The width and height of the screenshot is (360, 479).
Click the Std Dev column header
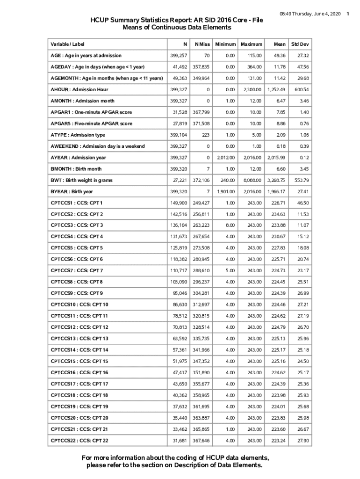click(x=300, y=44)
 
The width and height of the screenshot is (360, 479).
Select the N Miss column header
click(x=202, y=44)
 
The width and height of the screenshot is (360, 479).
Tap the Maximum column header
click(x=251, y=44)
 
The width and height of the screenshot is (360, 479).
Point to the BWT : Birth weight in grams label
click(x=81, y=180)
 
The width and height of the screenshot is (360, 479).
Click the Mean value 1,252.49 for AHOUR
click(x=276, y=89)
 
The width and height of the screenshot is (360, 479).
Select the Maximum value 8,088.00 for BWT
click(x=251, y=180)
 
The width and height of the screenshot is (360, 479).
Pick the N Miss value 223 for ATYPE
click(x=205, y=135)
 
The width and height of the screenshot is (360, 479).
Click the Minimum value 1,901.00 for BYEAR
click(x=226, y=191)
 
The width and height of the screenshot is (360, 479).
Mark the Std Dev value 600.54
click(x=301, y=89)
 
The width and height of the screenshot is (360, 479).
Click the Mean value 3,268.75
click(x=276, y=180)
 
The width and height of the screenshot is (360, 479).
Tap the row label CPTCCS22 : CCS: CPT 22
click(x=79, y=441)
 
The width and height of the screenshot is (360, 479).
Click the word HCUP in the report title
click(x=101, y=20)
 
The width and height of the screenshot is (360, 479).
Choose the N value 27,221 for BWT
click(x=180, y=180)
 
